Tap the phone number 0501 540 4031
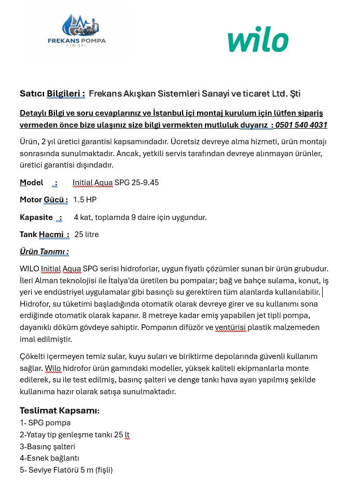click(301, 125)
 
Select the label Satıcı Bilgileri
click(52, 93)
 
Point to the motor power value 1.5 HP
click(85, 200)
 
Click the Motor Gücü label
click(44, 200)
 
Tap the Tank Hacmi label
click(45, 234)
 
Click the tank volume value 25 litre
click(87, 234)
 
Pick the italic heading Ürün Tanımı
click(44, 252)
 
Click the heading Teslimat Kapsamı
click(60, 410)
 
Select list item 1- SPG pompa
click(45, 423)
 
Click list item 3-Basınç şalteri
click(47, 447)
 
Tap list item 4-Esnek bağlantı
click(49, 458)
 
